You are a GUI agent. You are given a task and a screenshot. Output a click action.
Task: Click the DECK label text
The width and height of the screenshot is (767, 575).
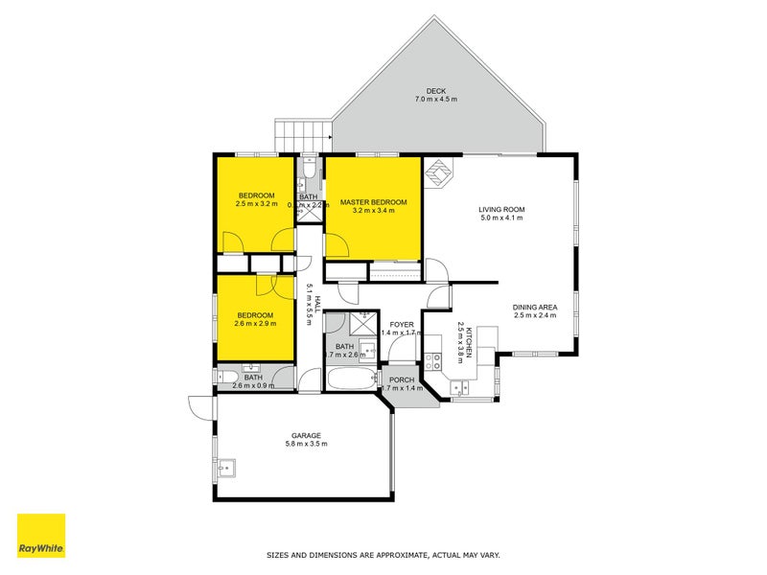tap(436, 90)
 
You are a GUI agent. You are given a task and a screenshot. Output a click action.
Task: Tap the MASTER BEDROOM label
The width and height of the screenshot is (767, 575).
tap(374, 202)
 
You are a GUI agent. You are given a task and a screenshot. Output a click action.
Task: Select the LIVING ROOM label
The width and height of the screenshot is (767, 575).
tap(502, 209)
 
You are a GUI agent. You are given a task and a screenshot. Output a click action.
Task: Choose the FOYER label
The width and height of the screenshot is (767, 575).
tap(402, 324)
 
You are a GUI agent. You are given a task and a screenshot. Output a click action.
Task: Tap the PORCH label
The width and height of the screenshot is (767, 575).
tap(402, 380)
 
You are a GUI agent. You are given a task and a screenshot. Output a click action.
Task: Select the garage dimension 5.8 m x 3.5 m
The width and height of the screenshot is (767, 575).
tap(307, 444)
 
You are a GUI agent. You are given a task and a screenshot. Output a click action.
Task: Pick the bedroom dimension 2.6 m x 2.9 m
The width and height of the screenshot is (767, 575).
tap(255, 324)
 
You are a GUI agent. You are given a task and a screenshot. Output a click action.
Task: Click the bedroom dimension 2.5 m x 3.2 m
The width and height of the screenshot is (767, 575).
tap(256, 204)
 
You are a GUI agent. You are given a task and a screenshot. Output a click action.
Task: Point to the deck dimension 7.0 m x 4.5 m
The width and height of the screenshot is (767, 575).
tap(436, 99)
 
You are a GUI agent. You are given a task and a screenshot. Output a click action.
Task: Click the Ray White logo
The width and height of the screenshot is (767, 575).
tap(41, 536)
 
